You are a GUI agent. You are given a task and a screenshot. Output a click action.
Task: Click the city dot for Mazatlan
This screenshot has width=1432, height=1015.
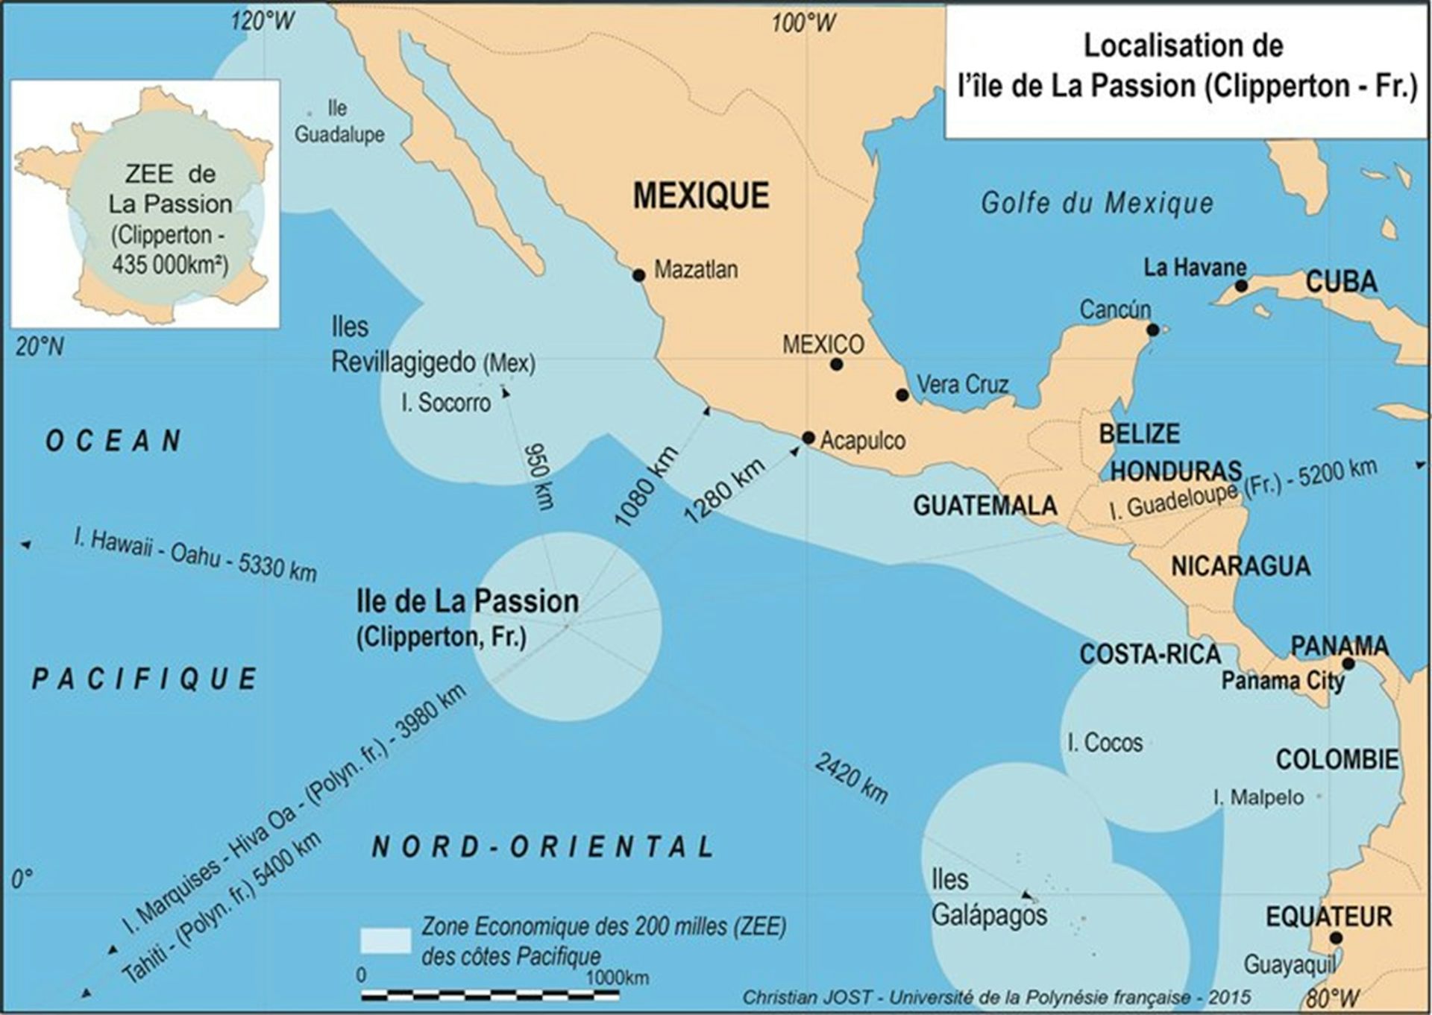tap(638, 275)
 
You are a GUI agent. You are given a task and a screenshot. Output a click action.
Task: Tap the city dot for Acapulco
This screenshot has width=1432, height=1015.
tap(808, 438)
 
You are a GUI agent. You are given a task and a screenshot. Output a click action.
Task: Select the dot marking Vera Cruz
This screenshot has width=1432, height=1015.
tap(902, 395)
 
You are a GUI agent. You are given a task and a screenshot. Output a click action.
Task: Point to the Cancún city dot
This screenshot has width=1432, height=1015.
tap(1153, 330)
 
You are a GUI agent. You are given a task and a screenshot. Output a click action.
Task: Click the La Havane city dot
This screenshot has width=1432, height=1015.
tap(1241, 286)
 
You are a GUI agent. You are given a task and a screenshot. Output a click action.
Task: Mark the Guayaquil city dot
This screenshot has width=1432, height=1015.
tap(1335, 938)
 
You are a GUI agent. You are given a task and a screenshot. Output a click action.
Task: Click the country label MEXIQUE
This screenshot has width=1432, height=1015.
tap(700, 195)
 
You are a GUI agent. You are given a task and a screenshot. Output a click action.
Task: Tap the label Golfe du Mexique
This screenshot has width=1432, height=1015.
tap(1096, 203)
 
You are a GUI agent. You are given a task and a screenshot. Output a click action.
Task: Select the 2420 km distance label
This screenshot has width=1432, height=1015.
tap(851, 778)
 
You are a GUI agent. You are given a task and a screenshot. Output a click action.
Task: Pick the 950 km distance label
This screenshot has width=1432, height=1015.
tap(538, 476)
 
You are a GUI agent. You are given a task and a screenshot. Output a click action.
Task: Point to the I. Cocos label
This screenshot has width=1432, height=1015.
tap(1105, 743)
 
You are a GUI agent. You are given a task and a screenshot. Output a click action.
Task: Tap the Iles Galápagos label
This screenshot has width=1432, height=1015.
tap(988, 897)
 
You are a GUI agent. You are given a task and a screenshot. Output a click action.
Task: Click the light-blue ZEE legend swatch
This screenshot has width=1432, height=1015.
tap(385, 940)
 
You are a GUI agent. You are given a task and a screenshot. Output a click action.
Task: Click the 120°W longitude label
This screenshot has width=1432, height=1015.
tap(263, 21)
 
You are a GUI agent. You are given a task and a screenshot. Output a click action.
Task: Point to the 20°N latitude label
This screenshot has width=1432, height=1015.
tap(39, 346)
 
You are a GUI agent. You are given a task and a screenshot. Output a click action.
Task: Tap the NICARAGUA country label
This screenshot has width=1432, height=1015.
tap(1240, 566)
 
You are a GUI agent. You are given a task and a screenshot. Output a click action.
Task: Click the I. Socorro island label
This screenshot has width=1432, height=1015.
tap(445, 403)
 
